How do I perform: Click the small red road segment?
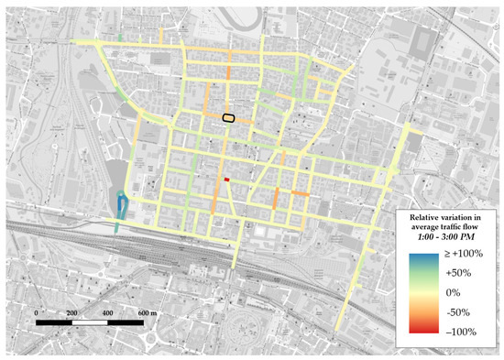226,180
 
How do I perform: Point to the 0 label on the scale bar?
36,313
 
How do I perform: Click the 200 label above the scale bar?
74,313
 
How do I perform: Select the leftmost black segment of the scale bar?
55,323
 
